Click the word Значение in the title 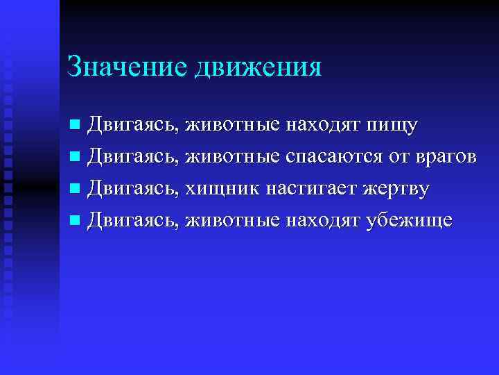pyautogui.click(x=128, y=67)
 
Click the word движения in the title pyautogui.click(x=259, y=68)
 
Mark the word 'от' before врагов pyautogui.click(x=397, y=158)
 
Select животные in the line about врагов pyautogui.click(x=233, y=158)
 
